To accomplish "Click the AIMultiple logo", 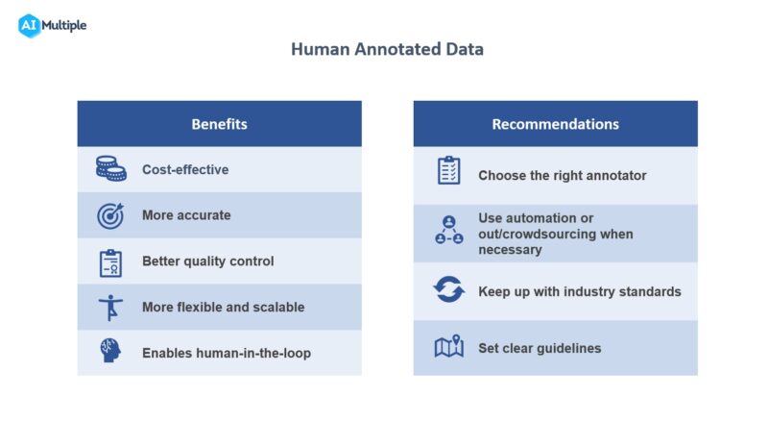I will pos(52,25).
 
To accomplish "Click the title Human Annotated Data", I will pos(387,49).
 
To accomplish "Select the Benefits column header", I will pos(219,124).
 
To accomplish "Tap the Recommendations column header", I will pos(555,124).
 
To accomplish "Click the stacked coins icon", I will pos(110,169).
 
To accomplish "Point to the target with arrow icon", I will pos(110,215).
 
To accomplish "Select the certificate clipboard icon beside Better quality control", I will pos(110,261).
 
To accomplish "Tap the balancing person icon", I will pos(110,308).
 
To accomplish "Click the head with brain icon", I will pos(110,352).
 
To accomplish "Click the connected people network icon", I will pos(448,231).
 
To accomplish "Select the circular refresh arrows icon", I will pos(448,290).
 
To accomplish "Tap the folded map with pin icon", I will pos(448,347).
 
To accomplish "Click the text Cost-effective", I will pos(185,169).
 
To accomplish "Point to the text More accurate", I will pos(186,215).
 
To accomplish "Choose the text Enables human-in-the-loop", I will pos(227,353).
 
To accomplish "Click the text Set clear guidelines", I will pos(540,348).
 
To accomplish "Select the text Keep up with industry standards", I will pos(579,291).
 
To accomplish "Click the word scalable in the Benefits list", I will pos(279,308).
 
